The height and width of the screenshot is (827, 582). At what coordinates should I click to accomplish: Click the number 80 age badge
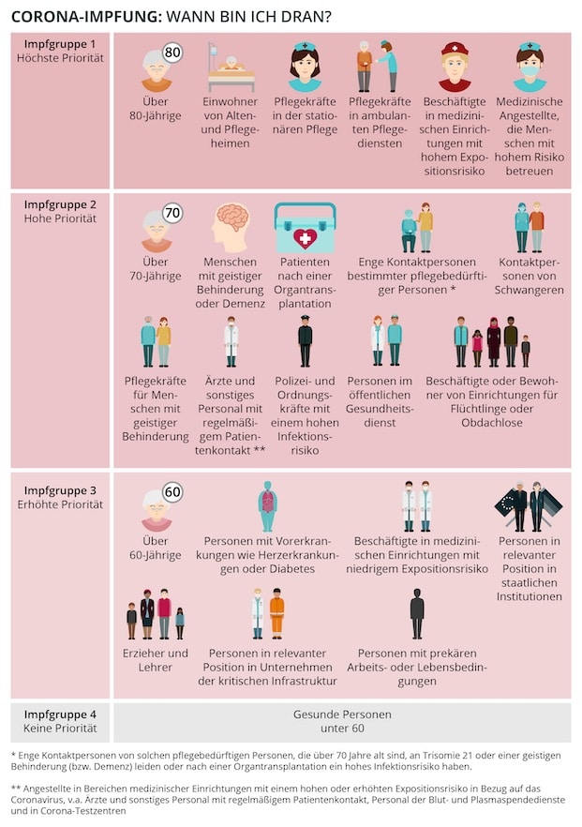tap(172, 53)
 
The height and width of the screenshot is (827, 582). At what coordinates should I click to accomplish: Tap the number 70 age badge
tap(172, 214)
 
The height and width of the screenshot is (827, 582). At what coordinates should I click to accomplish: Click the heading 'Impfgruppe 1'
tap(59, 44)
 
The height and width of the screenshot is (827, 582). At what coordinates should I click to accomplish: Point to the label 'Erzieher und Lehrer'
tap(157, 660)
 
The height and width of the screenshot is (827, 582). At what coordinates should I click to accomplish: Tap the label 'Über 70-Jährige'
tap(157, 269)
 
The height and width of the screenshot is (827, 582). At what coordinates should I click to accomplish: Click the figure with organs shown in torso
tap(268, 506)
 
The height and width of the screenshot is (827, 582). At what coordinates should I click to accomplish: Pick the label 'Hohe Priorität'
tap(60, 218)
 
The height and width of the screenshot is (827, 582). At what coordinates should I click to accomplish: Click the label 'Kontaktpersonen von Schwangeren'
tap(530, 276)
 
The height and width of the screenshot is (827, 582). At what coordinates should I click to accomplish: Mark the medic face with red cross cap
tap(455, 66)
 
